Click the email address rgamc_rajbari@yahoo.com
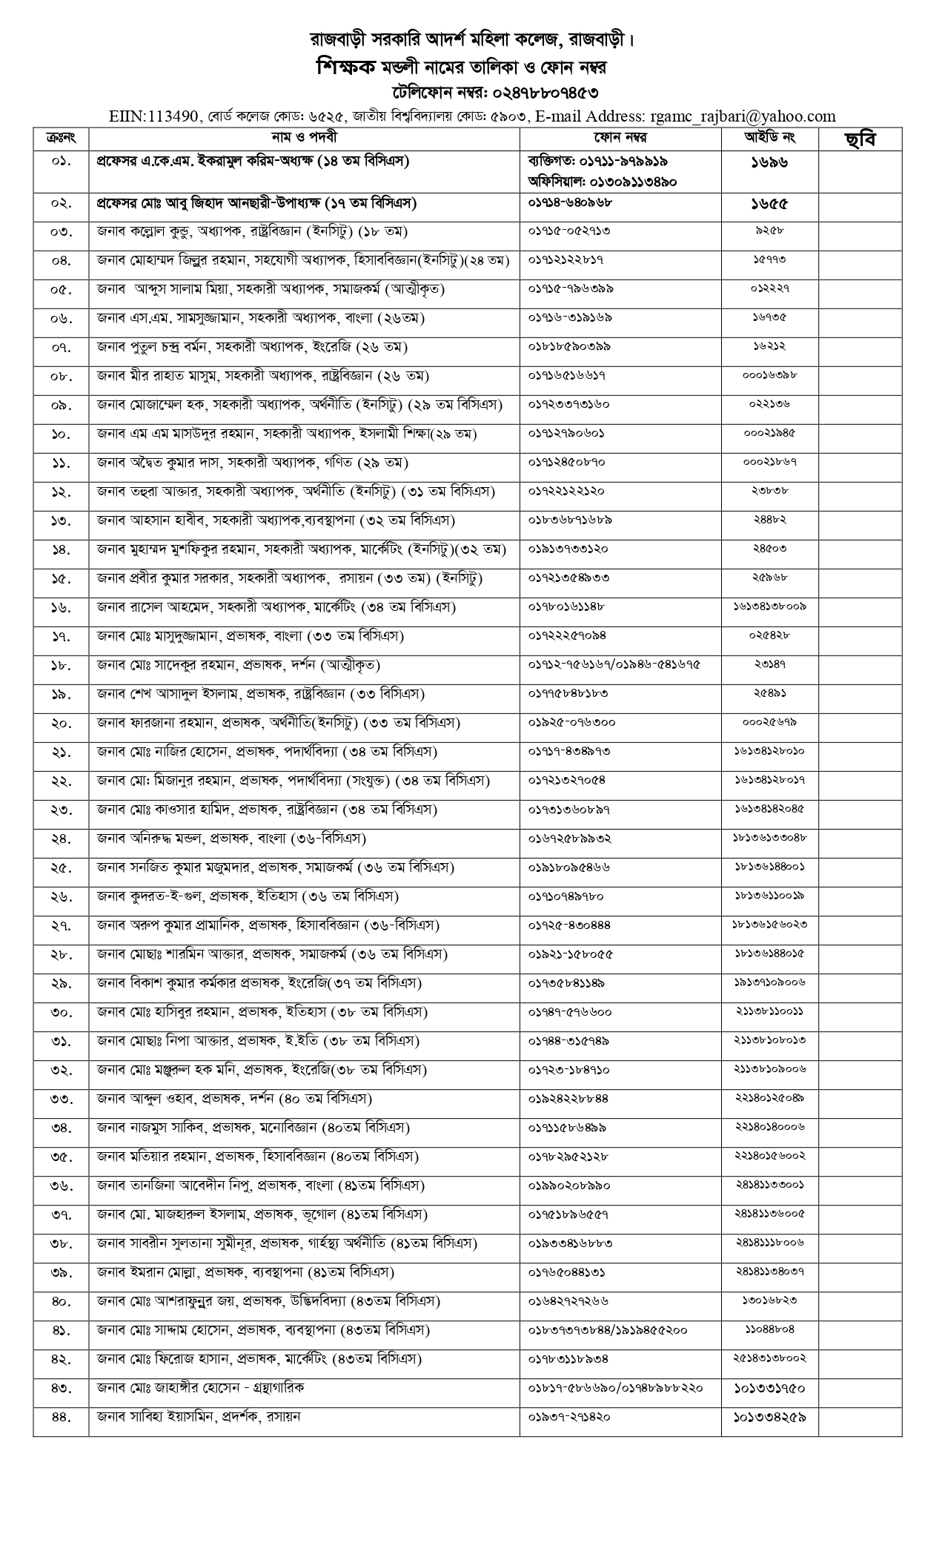tap(743, 116)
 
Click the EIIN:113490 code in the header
tap(153, 116)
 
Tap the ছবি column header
tap(860, 139)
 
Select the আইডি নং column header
tap(769, 138)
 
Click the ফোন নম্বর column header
tap(620, 138)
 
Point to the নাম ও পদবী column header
tap(304, 138)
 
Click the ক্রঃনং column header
tap(61, 138)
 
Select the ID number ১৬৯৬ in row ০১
tap(769, 162)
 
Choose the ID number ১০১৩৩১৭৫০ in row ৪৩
tap(769, 1388)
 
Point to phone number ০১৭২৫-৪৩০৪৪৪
tap(569, 925)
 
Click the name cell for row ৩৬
tap(260, 1186)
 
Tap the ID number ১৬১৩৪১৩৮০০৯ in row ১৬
tap(769, 607)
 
